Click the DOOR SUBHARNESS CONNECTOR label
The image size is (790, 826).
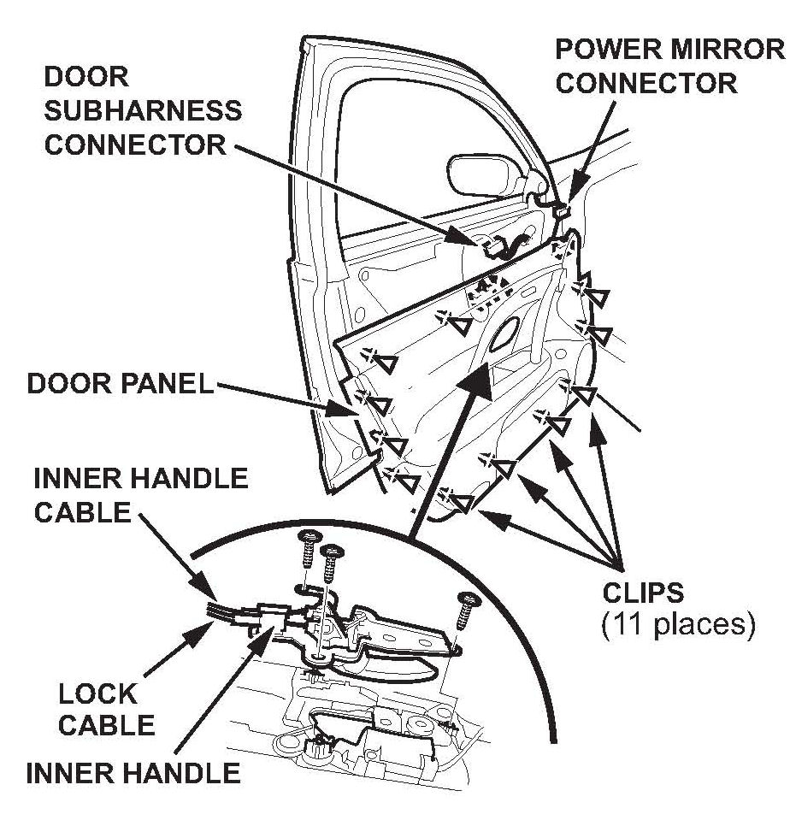[142, 110]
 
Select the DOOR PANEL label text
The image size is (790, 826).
[120, 383]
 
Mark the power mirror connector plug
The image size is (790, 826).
[562, 207]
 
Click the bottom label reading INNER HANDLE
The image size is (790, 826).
[133, 773]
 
